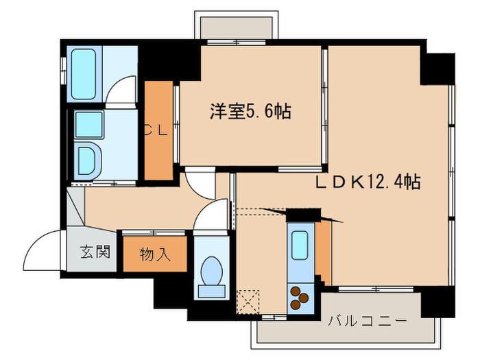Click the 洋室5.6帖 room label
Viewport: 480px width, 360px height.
click(x=250, y=111)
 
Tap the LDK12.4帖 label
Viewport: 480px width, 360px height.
click(x=368, y=182)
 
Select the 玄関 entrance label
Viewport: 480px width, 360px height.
click(x=95, y=252)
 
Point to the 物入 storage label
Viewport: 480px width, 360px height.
click(x=155, y=254)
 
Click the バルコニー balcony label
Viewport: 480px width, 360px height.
click(x=367, y=320)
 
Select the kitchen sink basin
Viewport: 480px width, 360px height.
click(x=300, y=245)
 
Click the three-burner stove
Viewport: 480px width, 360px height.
click(x=300, y=296)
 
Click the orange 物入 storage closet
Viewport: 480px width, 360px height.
click(x=155, y=254)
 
